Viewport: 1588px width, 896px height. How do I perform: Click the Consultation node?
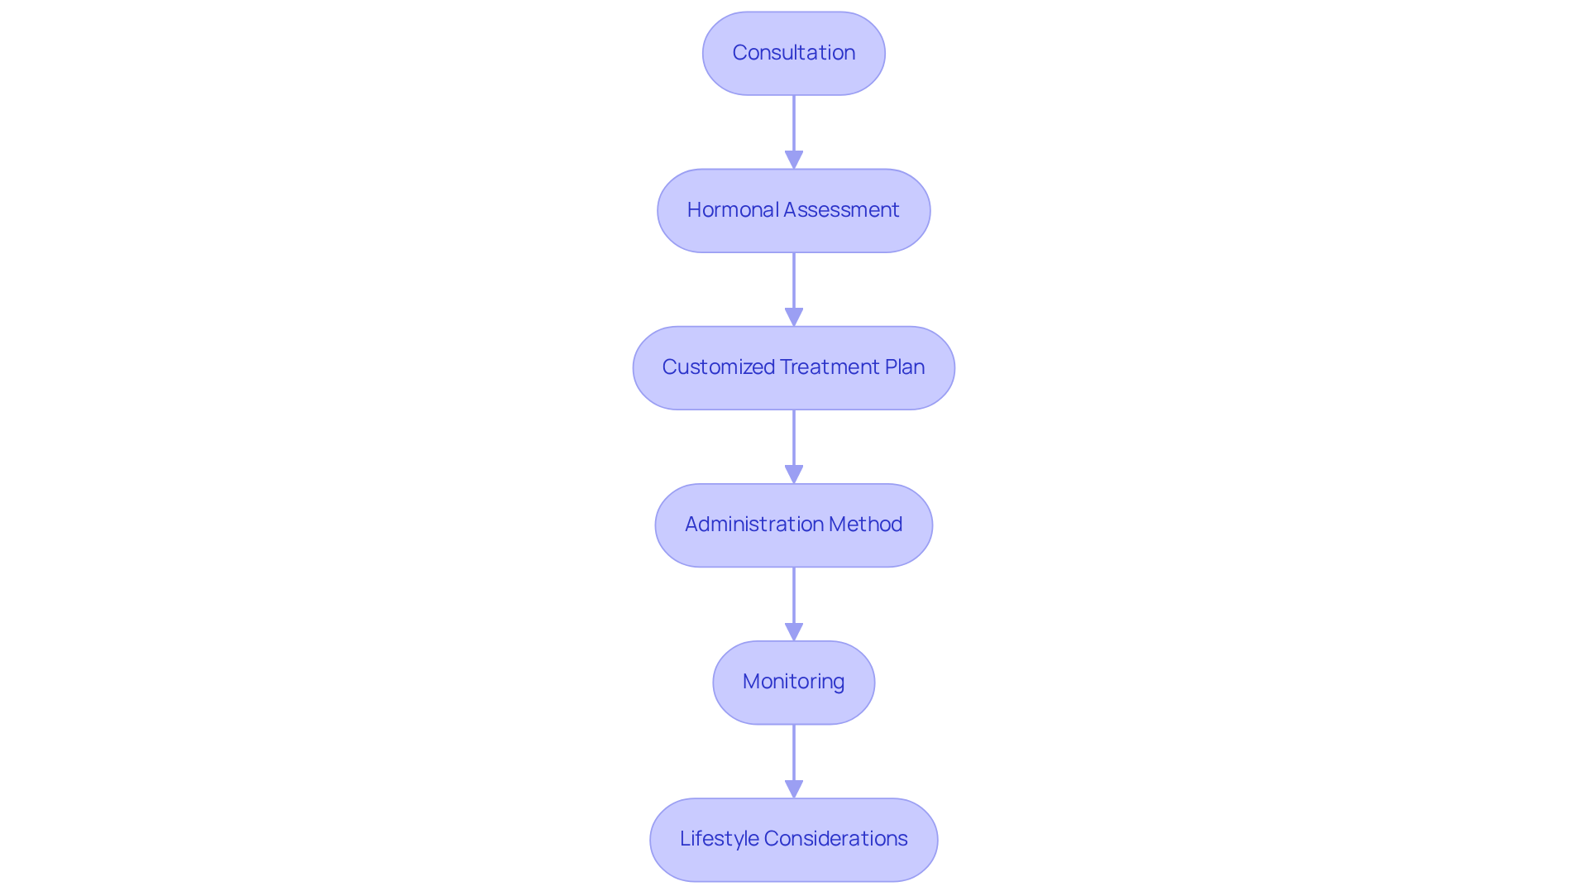[793, 53]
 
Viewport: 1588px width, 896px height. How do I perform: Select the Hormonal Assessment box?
[793, 210]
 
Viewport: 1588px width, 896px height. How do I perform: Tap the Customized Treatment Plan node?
[793, 367]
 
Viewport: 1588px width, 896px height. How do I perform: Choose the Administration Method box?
[793, 525]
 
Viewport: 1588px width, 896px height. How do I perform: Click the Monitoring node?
[793, 682]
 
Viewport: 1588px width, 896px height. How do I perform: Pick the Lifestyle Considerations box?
[793, 839]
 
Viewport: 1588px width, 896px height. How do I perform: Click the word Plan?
[905, 367]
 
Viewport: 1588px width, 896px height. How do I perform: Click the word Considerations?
[835, 839]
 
